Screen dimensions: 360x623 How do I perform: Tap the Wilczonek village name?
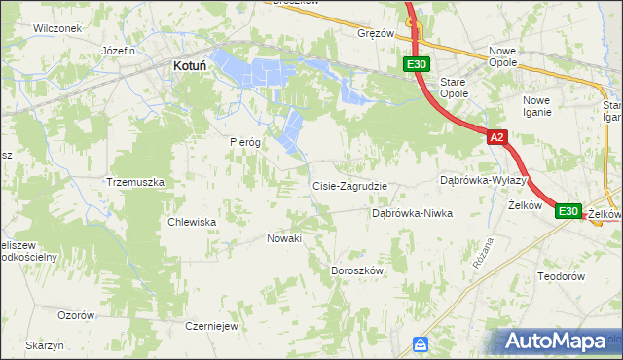(x=55, y=28)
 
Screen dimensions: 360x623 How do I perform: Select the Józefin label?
(x=117, y=50)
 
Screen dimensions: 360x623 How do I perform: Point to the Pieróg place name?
(x=245, y=141)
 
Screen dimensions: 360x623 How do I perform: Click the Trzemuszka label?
(x=135, y=182)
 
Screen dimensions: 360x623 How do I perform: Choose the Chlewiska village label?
(x=192, y=222)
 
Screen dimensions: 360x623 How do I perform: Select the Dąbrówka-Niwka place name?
(x=413, y=213)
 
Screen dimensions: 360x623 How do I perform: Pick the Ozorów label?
(x=76, y=315)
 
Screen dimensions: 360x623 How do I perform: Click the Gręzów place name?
(x=376, y=32)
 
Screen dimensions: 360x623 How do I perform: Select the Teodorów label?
(x=560, y=276)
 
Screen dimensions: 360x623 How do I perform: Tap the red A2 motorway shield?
(x=496, y=138)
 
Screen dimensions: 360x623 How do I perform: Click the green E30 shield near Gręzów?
(x=416, y=64)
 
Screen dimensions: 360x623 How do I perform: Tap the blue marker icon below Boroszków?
(x=421, y=343)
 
